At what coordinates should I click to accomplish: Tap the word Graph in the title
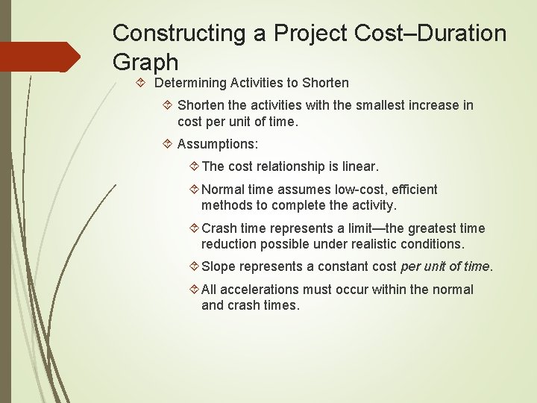tap(145, 62)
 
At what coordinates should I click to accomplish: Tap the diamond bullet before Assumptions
tap(168, 144)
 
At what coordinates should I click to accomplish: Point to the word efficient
tap(414, 190)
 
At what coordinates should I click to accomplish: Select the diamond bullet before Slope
tap(192, 266)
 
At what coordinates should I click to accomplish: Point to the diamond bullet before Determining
tap(144, 83)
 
